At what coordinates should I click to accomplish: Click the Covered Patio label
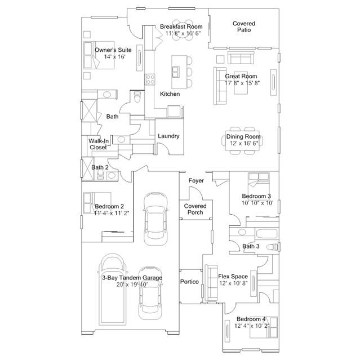click(x=244, y=26)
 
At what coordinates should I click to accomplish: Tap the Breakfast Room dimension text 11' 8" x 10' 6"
click(x=183, y=33)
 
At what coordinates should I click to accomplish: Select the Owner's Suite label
click(x=113, y=50)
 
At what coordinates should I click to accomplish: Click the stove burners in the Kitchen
click(x=150, y=79)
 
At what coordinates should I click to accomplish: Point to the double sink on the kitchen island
click(x=176, y=72)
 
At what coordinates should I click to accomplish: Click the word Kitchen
click(x=170, y=94)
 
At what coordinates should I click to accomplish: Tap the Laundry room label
click(x=168, y=136)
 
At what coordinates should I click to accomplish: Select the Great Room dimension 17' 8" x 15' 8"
click(x=242, y=83)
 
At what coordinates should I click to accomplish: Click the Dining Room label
click(x=243, y=136)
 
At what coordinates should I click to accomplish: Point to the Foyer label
click(x=196, y=181)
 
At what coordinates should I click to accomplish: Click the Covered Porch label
click(x=195, y=209)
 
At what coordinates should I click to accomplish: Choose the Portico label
click(x=189, y=282)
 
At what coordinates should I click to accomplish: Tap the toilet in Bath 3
click(x=273, y=247)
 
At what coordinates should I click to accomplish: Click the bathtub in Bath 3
click(x=267, y=234)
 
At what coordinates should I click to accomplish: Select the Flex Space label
click(x=233, y=277)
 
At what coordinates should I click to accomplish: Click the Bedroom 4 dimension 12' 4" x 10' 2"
click(x=252, y=326)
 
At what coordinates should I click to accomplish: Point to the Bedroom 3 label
click(x=256, y=196)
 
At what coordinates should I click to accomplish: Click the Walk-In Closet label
click(x=99, y=144)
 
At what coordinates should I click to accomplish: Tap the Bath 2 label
click(x=100, y=167)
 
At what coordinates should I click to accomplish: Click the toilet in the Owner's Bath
click(x=137, y=97)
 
